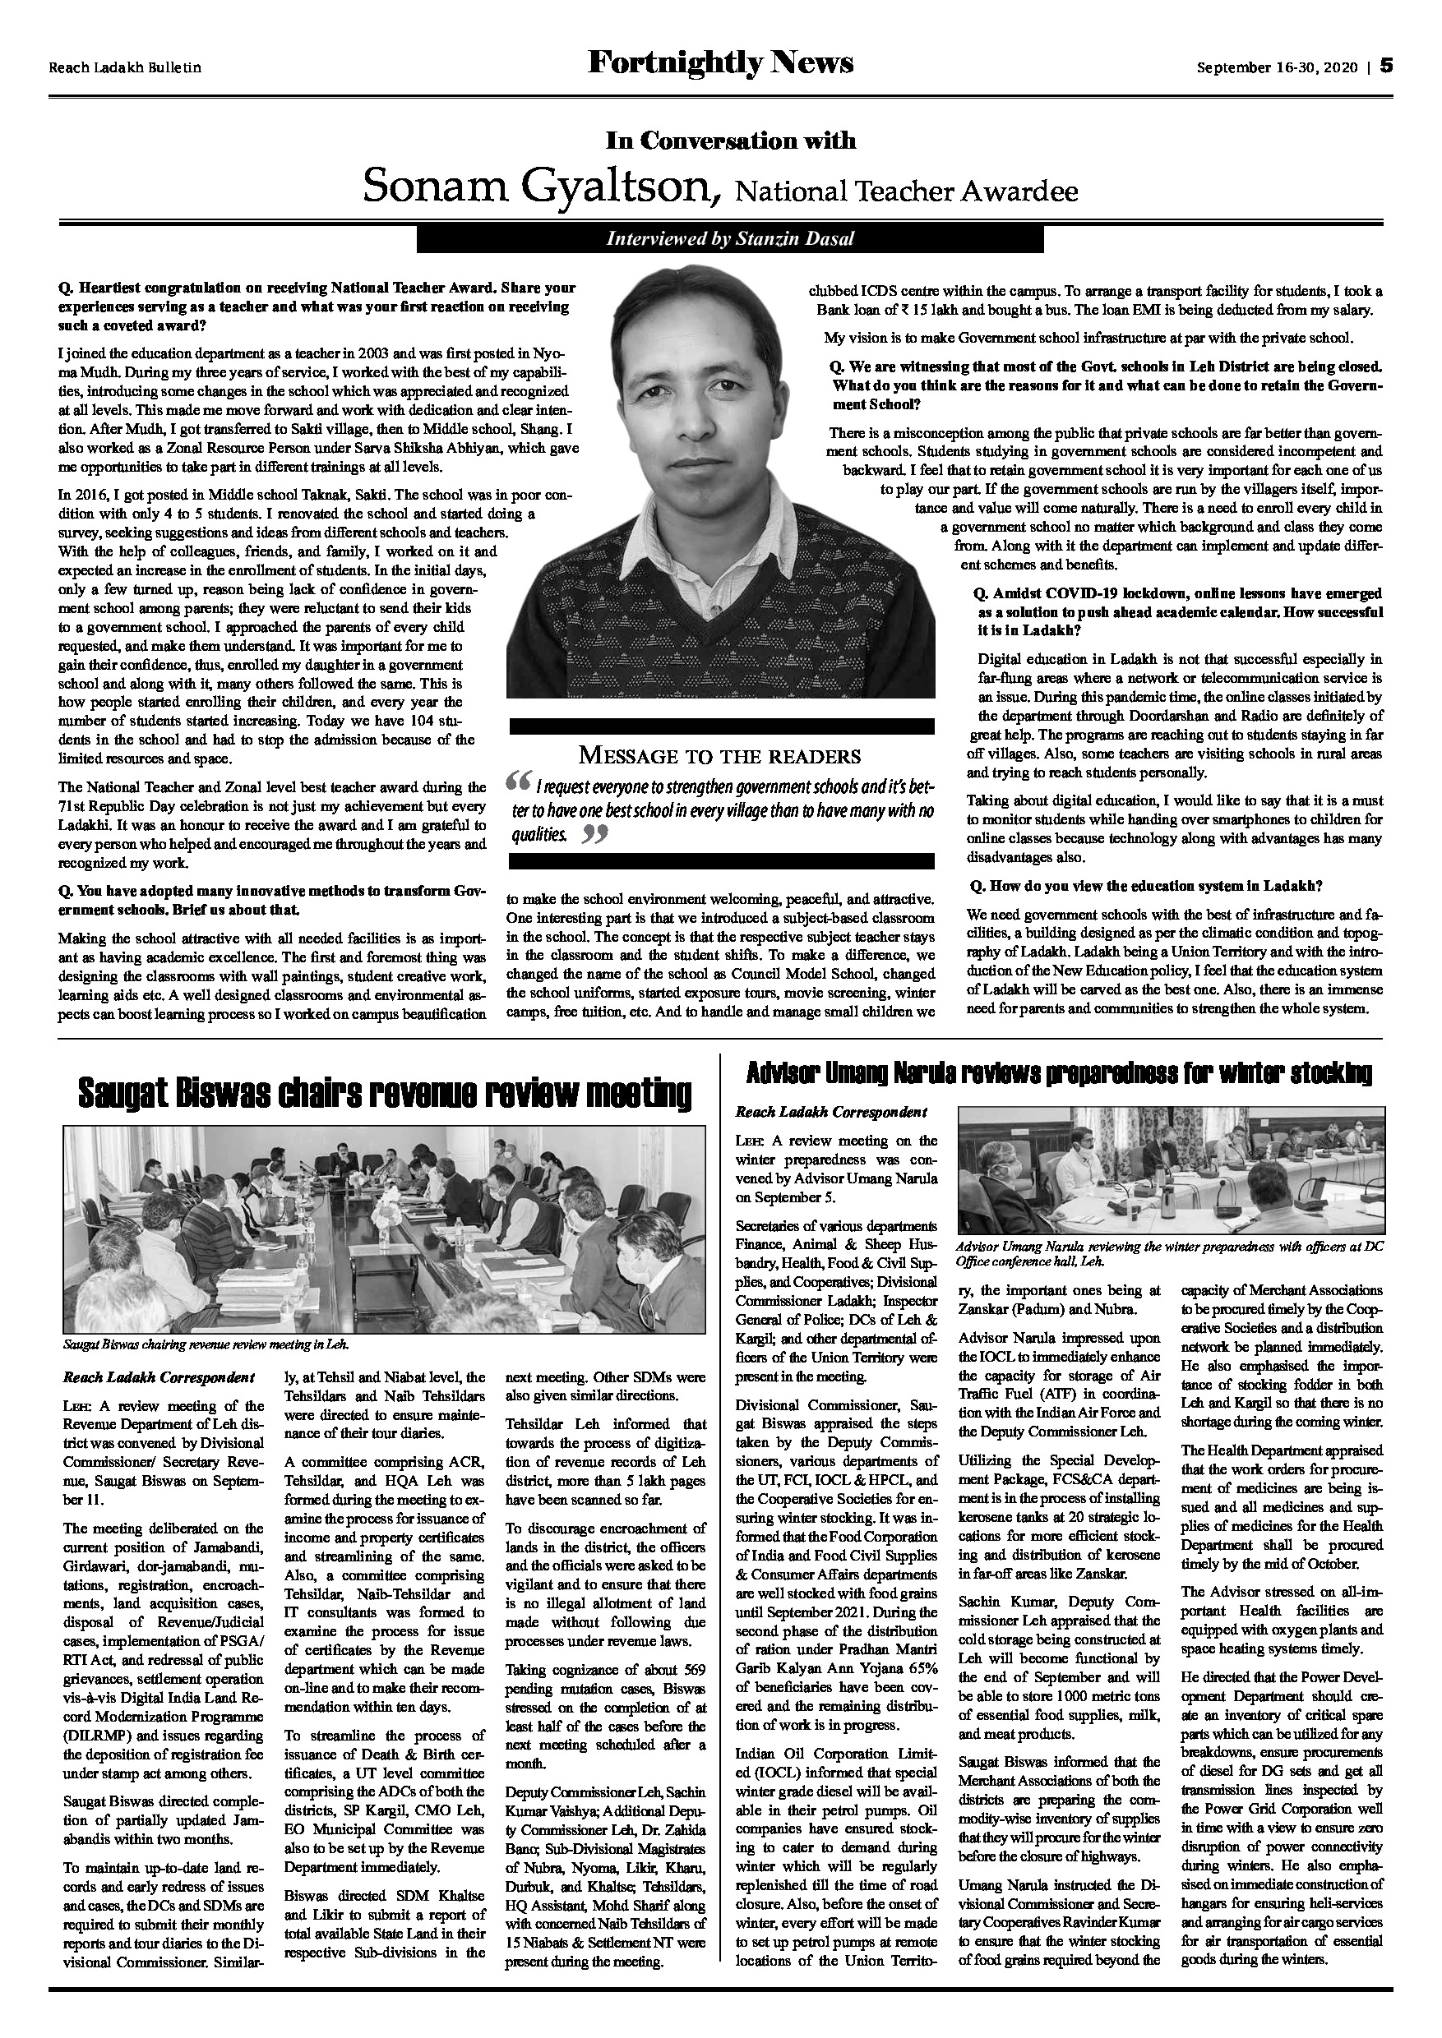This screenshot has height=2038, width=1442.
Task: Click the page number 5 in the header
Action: [1386, 67]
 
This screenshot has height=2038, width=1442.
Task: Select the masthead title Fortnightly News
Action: [720, 64]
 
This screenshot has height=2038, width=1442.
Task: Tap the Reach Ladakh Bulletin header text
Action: [125, 67]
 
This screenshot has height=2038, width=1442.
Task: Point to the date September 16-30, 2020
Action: [1277, 67]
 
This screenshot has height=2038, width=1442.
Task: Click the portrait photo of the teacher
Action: [720, 486]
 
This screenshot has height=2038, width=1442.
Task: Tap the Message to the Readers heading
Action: [720, 755]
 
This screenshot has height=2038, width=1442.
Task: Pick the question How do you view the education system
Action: [1144, 886]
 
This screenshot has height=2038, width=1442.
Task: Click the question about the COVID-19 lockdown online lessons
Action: [1180, 611]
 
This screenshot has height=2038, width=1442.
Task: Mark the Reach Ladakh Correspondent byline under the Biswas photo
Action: [159, 1377]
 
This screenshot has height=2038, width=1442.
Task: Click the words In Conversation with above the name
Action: [730, 141]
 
